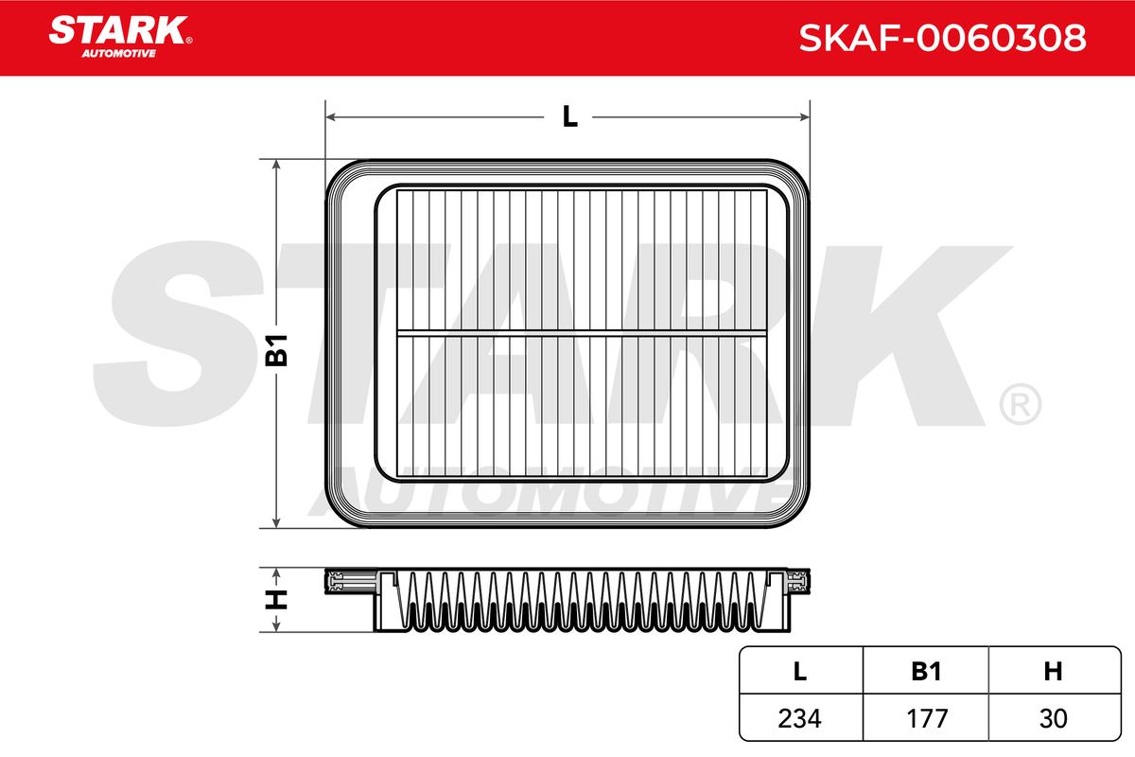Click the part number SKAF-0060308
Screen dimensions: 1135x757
942,38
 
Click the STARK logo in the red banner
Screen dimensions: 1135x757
120,30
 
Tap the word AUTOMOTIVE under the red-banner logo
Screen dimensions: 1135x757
119,54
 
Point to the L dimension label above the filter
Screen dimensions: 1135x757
570,116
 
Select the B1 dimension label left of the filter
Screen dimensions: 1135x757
276,350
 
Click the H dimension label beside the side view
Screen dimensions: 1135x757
276,600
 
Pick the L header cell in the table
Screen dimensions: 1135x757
799,671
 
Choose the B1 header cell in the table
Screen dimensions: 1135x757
926,671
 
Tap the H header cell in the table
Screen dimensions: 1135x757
1053,671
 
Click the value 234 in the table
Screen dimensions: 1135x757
799,718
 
